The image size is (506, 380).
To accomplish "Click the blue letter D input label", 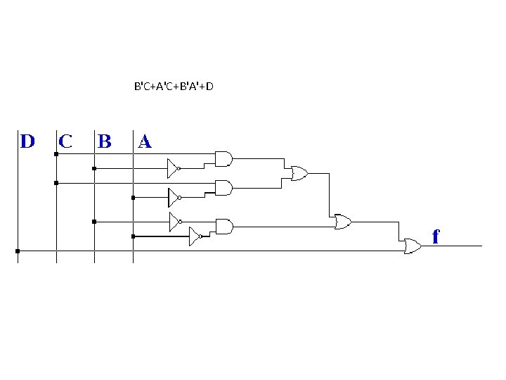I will [27, 141].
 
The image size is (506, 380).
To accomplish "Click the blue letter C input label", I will [65, 141].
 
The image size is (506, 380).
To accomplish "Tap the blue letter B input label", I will [104, 141].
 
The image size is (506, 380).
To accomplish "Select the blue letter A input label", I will [144, 141].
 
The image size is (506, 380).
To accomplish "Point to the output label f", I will [436, 236].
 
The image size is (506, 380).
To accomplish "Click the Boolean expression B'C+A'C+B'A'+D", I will [174, 87].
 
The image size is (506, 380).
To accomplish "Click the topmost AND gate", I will [223, 159].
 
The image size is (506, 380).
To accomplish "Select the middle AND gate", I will [223, 188].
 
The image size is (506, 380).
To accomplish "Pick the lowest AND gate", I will [223, 227].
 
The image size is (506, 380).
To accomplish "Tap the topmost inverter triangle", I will [173, 168].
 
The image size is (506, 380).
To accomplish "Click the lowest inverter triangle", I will [194, 237].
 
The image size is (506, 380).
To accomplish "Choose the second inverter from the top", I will [173, 197].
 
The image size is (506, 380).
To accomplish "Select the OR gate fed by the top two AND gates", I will [298, 173].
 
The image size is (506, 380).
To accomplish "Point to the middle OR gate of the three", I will [343, 222].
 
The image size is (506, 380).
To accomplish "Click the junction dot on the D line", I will [18, 251].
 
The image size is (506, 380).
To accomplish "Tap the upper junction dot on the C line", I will [56, 153].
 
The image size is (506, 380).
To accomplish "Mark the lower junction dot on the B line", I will [94, 222].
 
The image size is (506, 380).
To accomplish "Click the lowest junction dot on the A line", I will [133, 236].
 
